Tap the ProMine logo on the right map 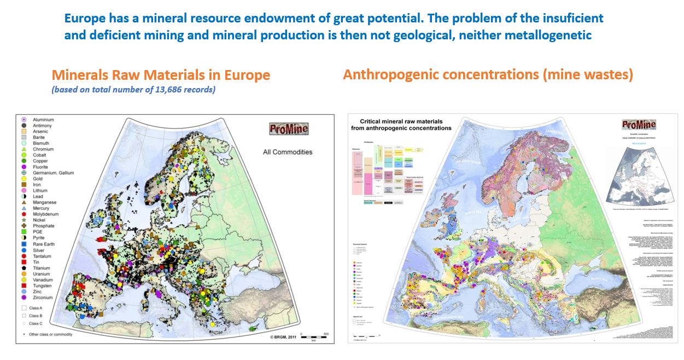tap(639, 124)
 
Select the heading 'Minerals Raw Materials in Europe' tap(161, 74)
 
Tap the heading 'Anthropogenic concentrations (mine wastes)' tap(488, 74)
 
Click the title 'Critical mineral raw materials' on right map tap(400, 121)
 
